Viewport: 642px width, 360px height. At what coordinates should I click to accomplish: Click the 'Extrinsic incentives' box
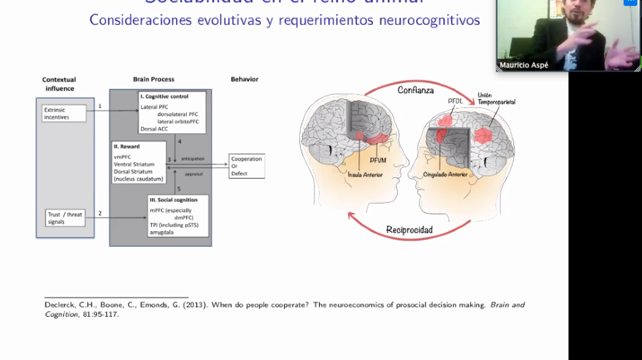pos(64,113)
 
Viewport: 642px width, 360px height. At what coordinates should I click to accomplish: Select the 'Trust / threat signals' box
pos(65,218)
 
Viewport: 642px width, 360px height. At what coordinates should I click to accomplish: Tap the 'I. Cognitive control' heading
pos(164,96)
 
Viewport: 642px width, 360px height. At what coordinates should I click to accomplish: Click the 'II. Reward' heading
pos(127,146)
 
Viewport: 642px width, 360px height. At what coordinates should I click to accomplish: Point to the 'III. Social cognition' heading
pos(174,200)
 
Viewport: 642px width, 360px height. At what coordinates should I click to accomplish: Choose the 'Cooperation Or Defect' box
pos(246,166)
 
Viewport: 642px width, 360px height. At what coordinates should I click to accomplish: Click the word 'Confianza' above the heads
pos(415,90)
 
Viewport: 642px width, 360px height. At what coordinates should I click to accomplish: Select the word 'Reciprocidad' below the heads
pos(409,230)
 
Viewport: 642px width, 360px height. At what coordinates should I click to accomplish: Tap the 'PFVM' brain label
pos(378,161)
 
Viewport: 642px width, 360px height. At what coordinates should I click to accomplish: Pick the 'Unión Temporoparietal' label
pos(496,98)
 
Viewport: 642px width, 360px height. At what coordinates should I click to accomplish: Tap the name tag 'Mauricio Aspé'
pos(523,65)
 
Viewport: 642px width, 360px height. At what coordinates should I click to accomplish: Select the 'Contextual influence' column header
pos(59,84)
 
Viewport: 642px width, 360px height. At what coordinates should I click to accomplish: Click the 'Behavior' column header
pos(244,80)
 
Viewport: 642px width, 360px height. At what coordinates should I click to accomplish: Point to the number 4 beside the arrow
pos(179,141)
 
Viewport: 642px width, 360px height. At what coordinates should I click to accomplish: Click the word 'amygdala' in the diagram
pos(163,231)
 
